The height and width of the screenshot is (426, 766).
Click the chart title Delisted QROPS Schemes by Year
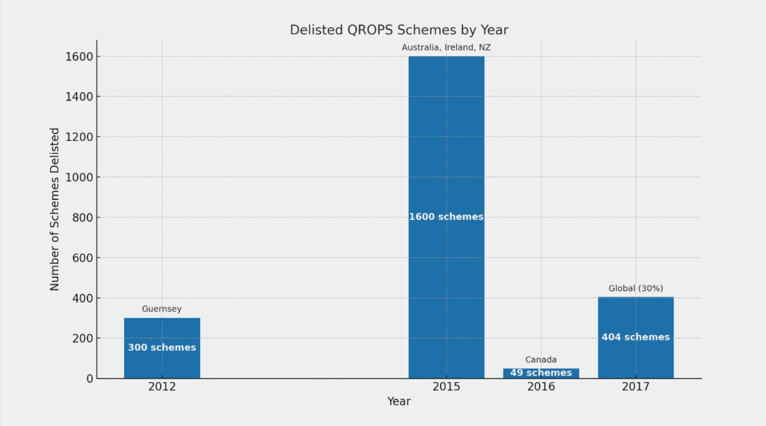click(399, 30)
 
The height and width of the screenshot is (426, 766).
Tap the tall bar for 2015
click(446, 148)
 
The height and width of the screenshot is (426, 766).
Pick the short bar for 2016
click(541, 373)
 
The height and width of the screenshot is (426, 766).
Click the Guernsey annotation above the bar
click(162, 309)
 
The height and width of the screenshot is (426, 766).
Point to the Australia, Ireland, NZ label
click(446, 47)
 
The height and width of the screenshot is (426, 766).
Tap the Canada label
click(541, 359)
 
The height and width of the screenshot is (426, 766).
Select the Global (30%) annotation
click(635, 288)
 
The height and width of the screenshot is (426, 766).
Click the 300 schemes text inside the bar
click(162, 347)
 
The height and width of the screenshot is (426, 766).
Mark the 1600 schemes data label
click(446, 217)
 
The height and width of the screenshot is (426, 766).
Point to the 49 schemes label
click(541, 373)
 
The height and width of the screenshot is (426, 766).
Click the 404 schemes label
click(635, 337)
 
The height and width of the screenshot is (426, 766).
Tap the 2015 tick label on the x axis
click(446, 387)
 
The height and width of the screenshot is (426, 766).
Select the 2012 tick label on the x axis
click(162, 387)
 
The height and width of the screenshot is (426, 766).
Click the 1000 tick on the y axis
click(79, 177)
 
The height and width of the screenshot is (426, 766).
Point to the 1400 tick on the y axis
click(79, 97)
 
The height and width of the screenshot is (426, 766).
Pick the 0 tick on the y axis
click(90, 379)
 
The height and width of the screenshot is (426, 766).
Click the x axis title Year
click(399, 401)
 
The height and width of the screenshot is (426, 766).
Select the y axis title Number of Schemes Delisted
click(54, 209)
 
